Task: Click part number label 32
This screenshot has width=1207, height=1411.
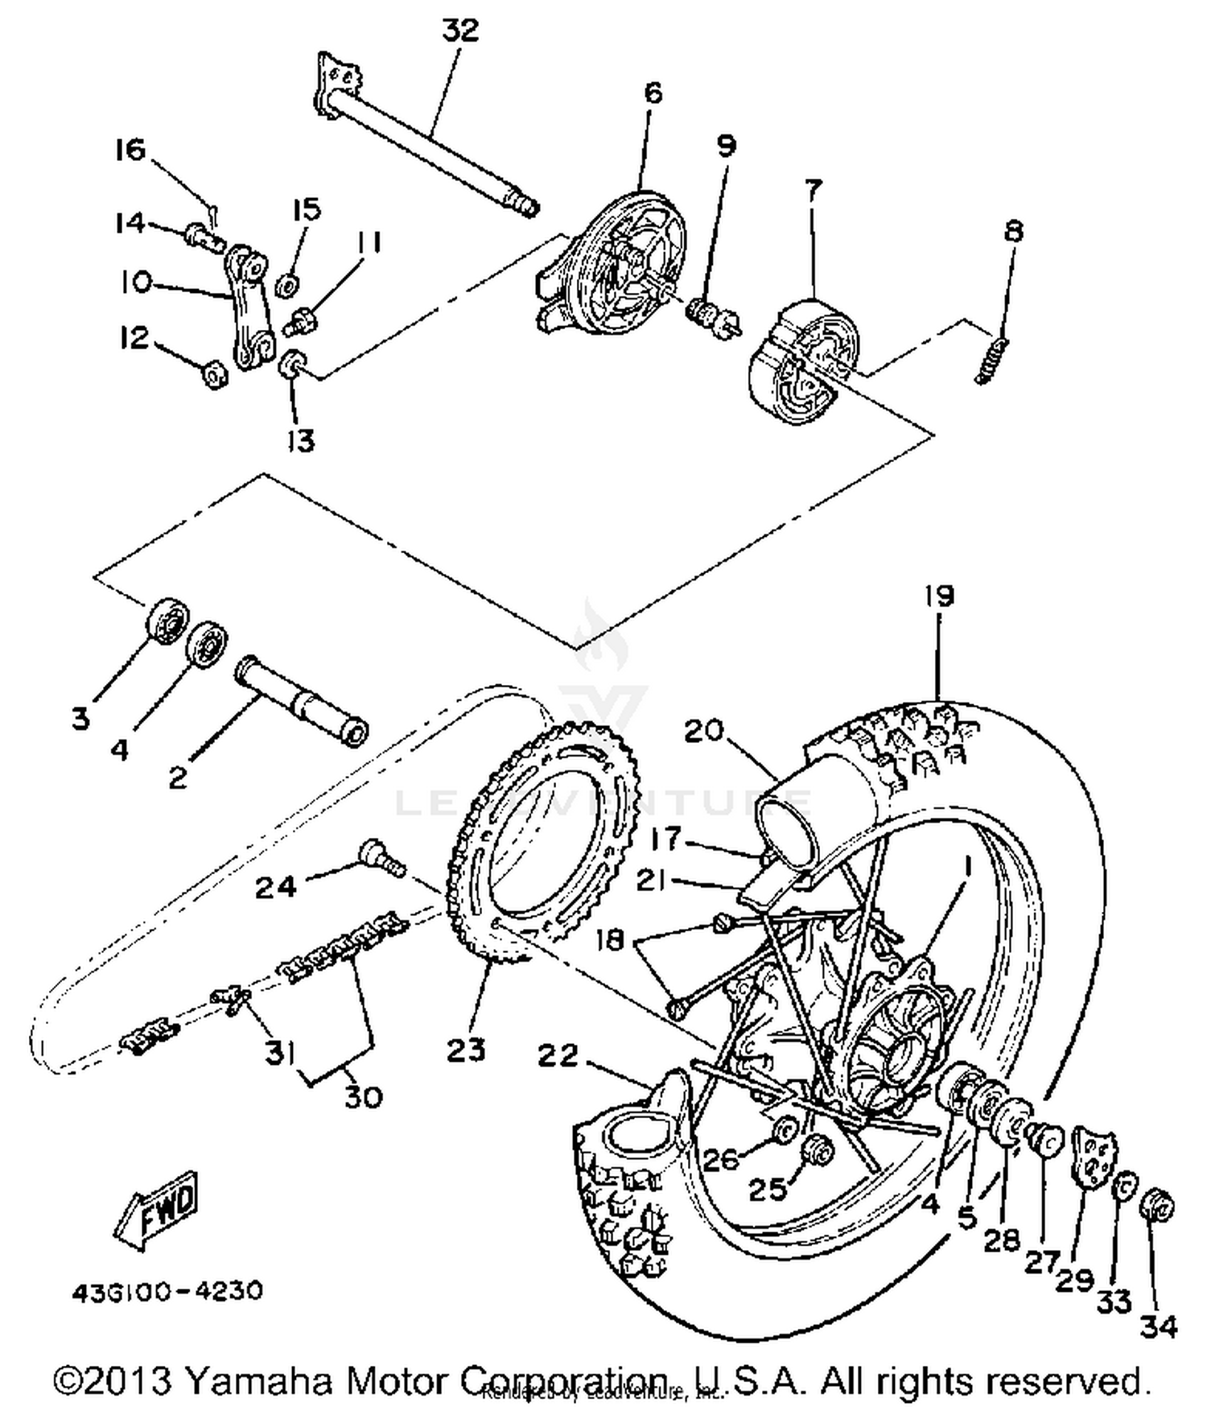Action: [x=460, y=31]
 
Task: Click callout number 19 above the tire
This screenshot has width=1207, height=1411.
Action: [x=938, y=596]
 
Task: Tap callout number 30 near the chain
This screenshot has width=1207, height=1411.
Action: [x=362, y=1096]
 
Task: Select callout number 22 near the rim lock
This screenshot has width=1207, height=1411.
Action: [x=558, y=1055]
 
